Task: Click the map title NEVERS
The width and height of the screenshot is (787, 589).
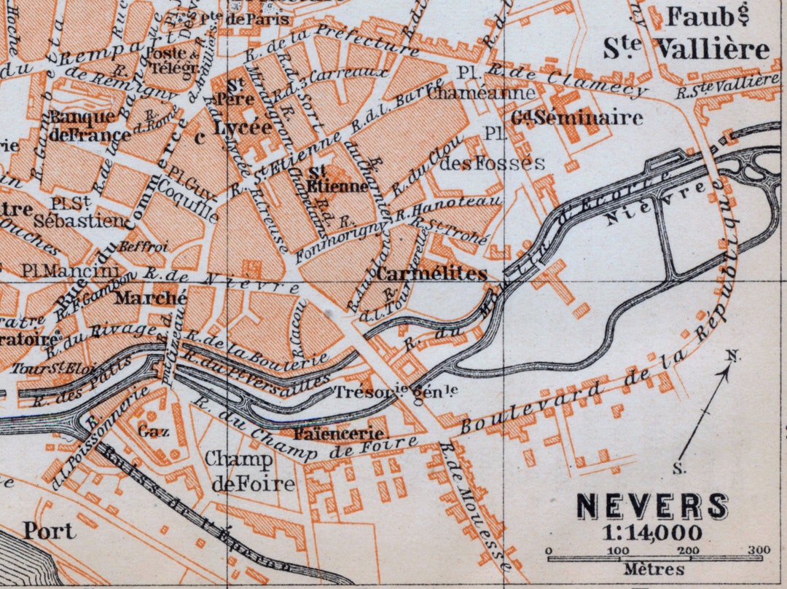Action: tap(652, 507)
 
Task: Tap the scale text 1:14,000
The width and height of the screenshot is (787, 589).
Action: tap(652, 532)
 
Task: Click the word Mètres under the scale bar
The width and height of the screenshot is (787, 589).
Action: tap(654, 569)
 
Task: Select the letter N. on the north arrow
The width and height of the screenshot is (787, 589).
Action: tap(733, 356)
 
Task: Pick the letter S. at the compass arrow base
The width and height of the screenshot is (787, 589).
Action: tap(679, 469)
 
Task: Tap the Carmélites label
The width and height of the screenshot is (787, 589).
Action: tap(431, 274)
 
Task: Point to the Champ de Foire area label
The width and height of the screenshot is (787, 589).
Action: tap(249, 471)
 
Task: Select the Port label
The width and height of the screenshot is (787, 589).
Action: tap(48, 530)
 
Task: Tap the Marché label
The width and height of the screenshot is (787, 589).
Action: tap(151, 298)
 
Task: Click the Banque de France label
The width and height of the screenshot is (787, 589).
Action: tap(82, 125)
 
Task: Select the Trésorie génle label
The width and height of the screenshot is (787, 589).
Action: tap(396, 392)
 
